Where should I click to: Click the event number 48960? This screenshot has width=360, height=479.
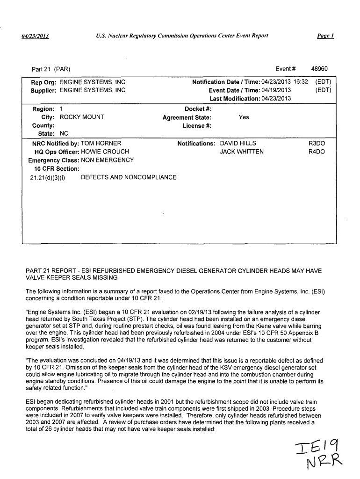(x=319, y=68)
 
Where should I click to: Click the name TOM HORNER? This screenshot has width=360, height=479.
(x=101, y=143)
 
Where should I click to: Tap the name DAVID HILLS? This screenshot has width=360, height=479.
(x=238, y=143)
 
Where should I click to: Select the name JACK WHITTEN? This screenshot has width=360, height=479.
(x=242, y=152)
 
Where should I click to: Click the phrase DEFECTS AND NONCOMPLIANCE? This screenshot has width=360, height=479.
(x=129, y=177)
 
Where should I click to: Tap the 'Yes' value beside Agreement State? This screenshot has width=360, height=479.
(x=244, y=117)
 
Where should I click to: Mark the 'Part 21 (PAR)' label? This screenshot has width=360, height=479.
(x=51, y=69)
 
